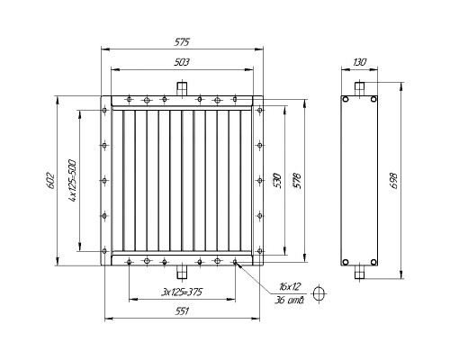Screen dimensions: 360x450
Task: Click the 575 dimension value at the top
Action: [x=183, y=42]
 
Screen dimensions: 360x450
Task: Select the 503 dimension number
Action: [x=183, y=62]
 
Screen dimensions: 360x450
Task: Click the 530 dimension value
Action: [x=276, y=180]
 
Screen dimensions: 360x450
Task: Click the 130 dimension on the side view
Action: [x=360, y=62]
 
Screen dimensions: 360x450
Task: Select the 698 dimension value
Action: [x=393, y=180]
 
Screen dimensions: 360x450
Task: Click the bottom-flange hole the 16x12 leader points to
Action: [x=235, y=263]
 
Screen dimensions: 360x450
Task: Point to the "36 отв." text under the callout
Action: [x=290, y=300]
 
